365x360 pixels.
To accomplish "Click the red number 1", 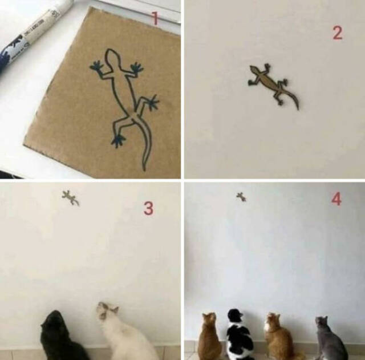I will pos(155,19).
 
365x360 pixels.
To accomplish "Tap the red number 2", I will pos(337,33).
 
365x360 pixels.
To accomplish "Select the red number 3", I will pos(148,209).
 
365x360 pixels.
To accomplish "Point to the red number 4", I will pos(336,199).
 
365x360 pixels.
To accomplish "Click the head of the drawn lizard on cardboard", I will pos(111,56).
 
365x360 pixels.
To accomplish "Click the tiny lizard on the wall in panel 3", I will pos(70,198).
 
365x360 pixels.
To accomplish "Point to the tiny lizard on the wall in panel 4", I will pos(241,197).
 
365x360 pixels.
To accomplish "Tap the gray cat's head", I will pos(322,322).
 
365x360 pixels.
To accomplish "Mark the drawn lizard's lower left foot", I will pos(118,140).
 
